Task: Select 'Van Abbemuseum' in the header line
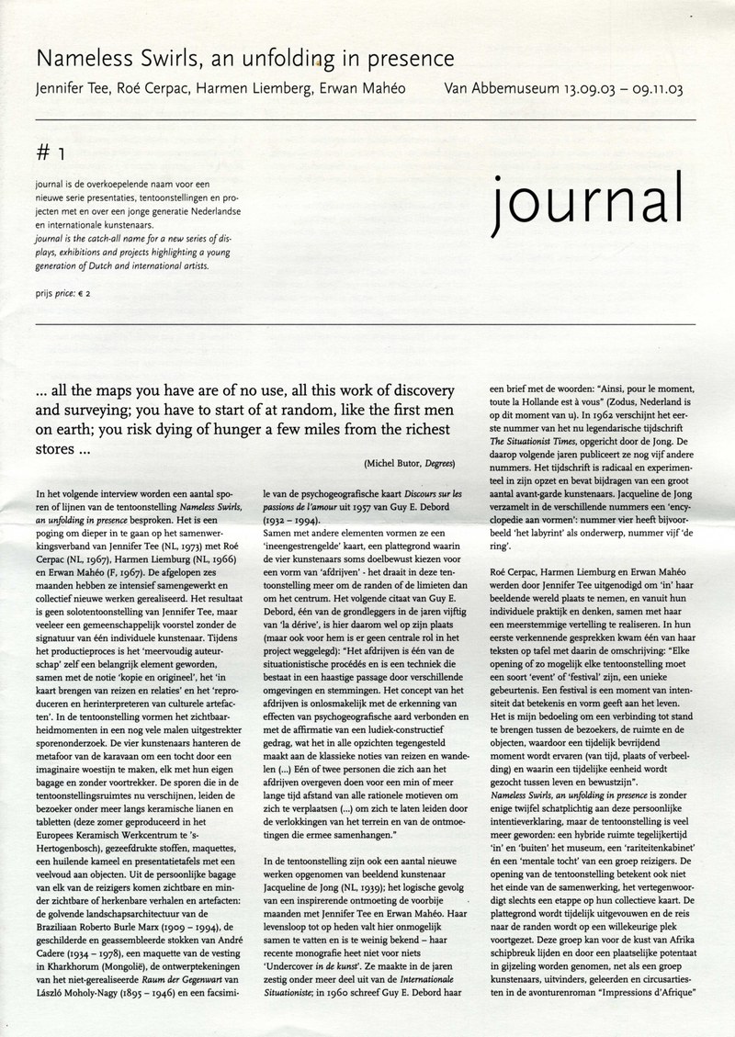(497, 90)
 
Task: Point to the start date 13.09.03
(584, 90)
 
